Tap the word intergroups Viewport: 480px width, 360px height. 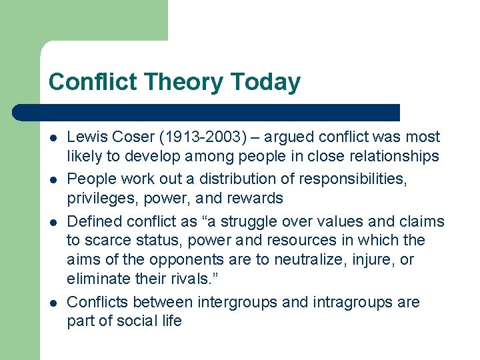pyautogui.click(x=238, y=302)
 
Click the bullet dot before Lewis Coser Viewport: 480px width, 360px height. pyautogui.click(x=53, y=138)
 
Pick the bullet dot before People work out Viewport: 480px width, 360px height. pyautogui.click(x=53, y=179)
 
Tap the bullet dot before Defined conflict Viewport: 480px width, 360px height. pyautogui.click(x=53, y=221)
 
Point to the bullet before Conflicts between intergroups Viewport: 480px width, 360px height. pyautogui.click(x=53, y=303)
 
